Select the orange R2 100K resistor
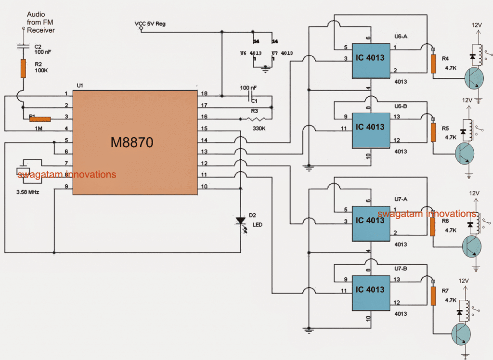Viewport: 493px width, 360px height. pyautogui.click(x=23, y=69)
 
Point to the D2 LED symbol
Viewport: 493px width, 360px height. pyautogui.click(x=240, y=221)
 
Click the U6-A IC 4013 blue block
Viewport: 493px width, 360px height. pyautogui.click(x=370, y=61)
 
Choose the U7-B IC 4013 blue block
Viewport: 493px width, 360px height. pyautogui.click(x=370, y=292)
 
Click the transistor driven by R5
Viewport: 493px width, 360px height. pyautogui.click(x=464, y=154)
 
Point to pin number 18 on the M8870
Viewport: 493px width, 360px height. pyautogui.click(x=204, y=94)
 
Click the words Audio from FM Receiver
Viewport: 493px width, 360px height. pyautogui.click(x=40, y=23)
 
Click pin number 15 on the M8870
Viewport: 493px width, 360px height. pyautogui.click(x=204, y=129)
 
